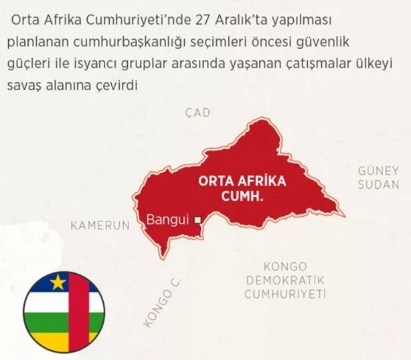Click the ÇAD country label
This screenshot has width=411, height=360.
(197, 112)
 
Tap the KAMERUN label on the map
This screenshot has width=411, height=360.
(99, 226)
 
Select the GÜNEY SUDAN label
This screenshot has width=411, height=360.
(378, 177)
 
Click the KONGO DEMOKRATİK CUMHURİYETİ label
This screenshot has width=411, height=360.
(284, 280)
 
